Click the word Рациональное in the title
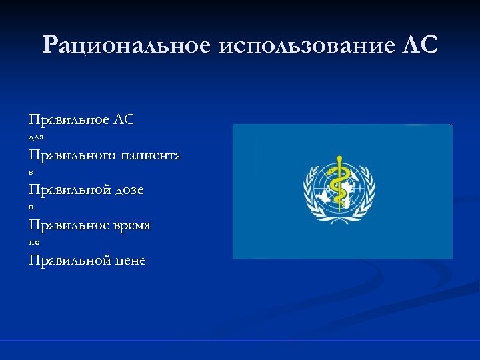125,45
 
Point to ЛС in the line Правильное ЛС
125,120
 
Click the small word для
36,138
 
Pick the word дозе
130,191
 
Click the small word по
34,243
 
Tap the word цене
130,261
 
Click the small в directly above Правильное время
31,207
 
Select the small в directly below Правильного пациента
31,173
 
